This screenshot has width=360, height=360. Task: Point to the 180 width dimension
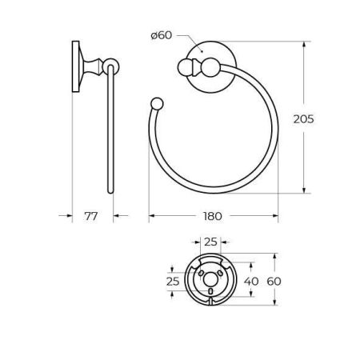click(x=213, y=216)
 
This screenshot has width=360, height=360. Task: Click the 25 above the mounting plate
click(x=211, y=241)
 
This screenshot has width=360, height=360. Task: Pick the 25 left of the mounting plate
click(x=172, y=282)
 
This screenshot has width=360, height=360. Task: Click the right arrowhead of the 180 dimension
click(x=274, y=216)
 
